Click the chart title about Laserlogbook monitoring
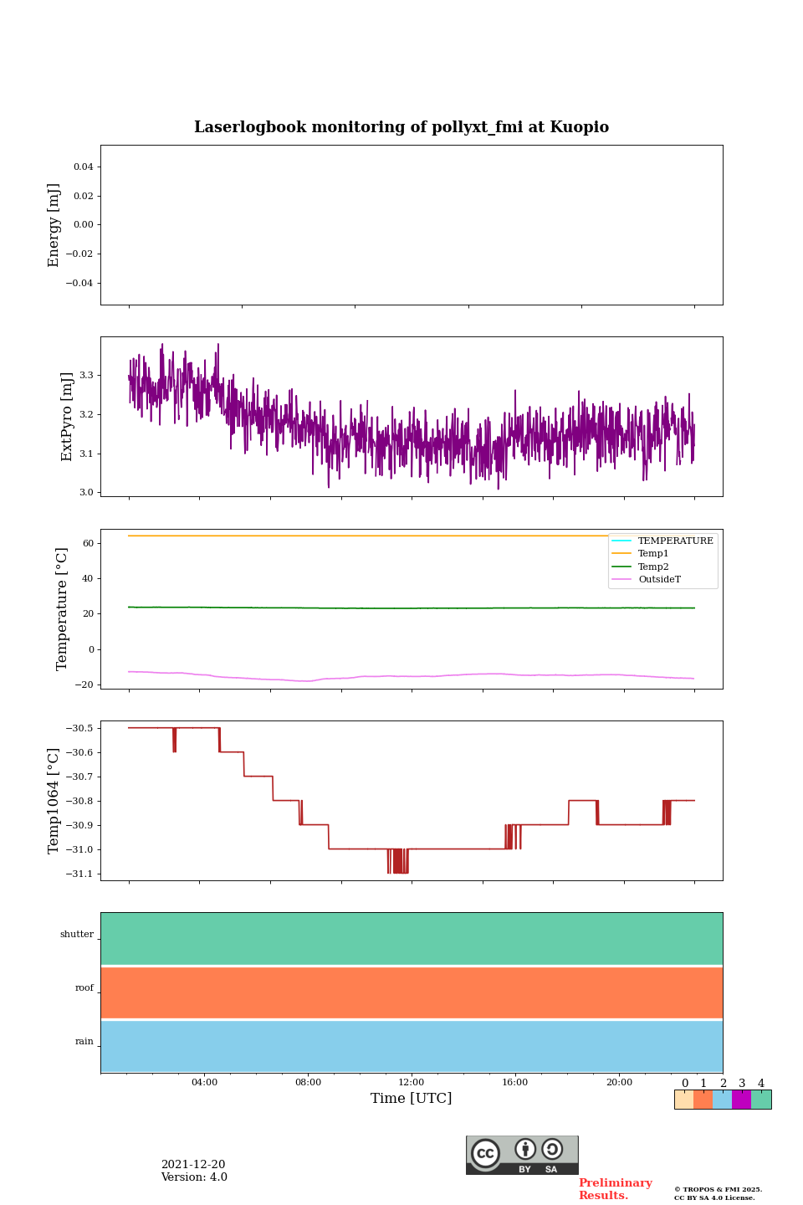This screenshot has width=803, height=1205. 401,127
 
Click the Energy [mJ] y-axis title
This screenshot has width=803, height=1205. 54,225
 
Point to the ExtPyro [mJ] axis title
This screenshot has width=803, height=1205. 68,417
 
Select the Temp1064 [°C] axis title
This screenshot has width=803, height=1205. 54,801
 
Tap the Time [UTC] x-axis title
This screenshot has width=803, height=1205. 411,1098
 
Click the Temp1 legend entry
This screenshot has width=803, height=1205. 653,554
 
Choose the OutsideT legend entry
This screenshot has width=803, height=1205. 659,579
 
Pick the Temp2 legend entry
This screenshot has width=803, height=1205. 653,567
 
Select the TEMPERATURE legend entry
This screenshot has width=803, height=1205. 675,541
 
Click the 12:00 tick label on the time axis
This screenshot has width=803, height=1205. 412,1082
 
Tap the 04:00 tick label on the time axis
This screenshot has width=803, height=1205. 204,1082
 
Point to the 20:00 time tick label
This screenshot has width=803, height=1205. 619,1082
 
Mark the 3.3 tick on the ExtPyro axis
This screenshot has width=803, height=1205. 86,375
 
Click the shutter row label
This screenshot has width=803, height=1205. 77,934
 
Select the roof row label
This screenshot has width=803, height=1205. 84,987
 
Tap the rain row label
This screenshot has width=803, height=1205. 84,1042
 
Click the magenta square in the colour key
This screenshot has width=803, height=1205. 741,1100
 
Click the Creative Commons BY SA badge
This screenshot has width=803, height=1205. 522,1155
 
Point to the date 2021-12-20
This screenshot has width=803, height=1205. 193,1165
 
